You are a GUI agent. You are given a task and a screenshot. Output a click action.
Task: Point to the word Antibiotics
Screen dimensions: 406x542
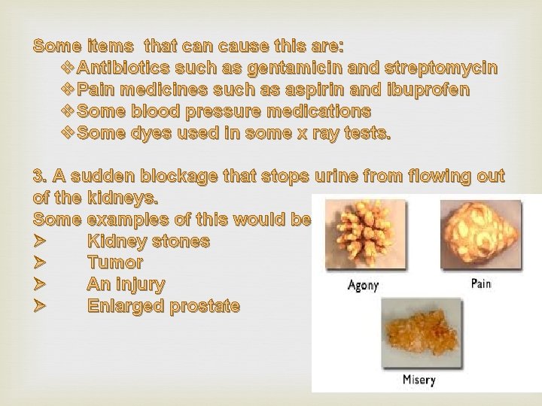tap(123, 68)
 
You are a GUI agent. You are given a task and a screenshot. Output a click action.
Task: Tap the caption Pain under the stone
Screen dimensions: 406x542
tap(481, 285)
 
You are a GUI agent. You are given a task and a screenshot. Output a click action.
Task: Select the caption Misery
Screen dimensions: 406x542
tap(418, 380)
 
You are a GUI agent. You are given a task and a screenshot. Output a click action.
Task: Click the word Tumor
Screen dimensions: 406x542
tap(115, 264)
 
